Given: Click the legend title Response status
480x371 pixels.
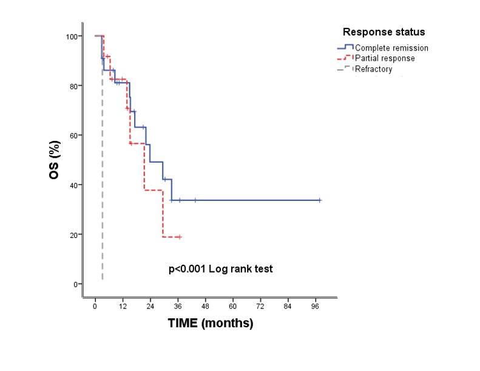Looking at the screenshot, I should (383, 32).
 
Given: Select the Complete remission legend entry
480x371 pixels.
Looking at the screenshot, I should (391, 48).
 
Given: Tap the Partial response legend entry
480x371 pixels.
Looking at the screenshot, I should (385, 58).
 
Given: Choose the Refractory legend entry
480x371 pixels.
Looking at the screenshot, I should (374, 69).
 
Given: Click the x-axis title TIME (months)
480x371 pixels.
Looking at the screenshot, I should (210, 324).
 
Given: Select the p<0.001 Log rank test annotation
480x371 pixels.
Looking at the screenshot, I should (221, 268).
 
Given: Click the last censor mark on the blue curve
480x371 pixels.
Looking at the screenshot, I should (319, 200).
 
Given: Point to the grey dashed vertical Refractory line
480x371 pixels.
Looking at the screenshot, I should (102, 182).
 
